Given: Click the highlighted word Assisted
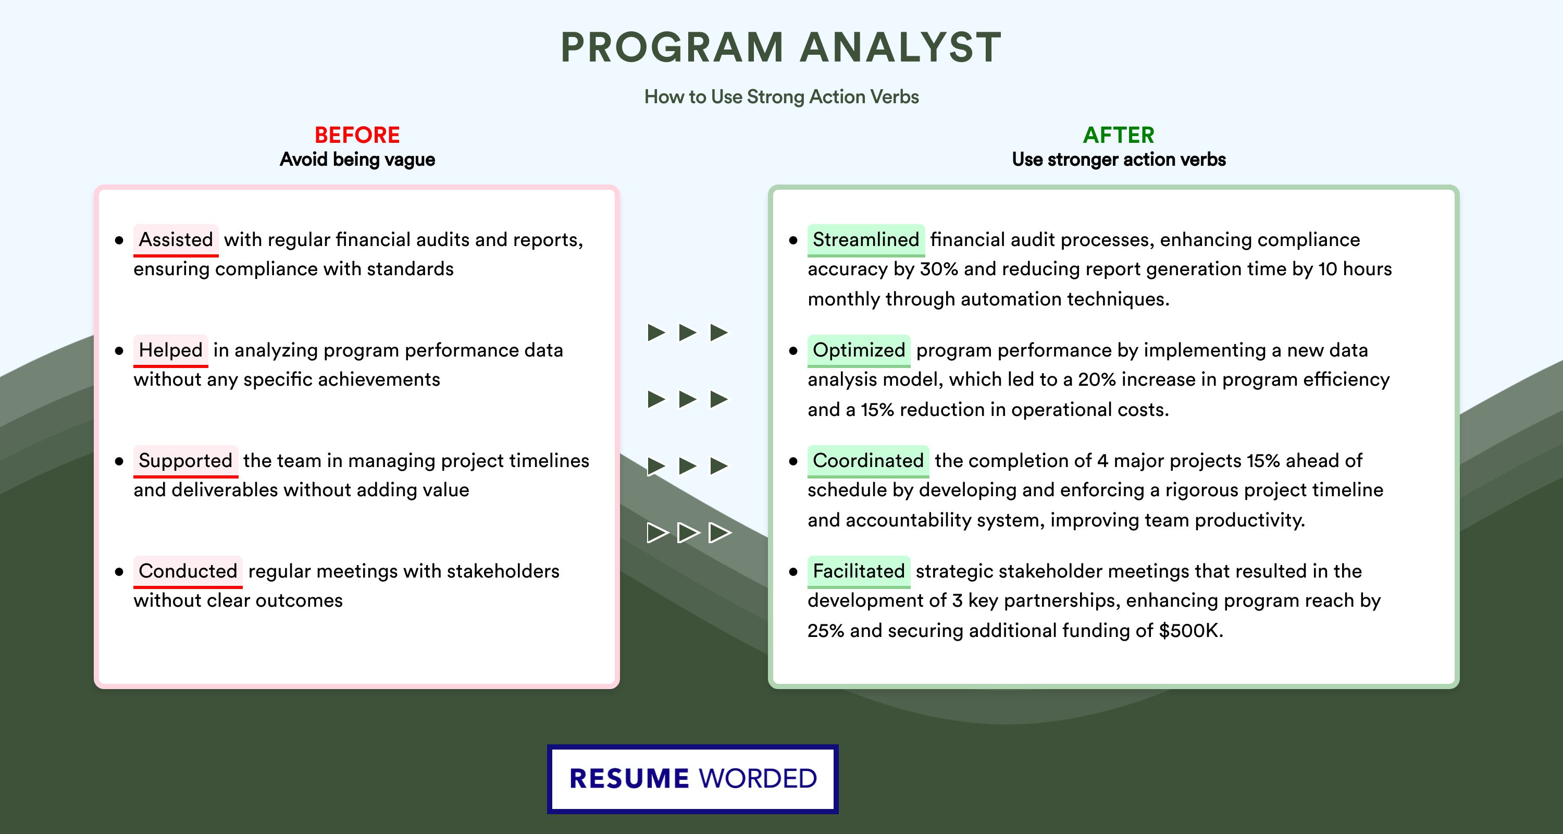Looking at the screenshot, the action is pyautogui.click(x=176, y=240).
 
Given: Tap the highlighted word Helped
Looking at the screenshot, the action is pyautogui.click(x=170, y=350).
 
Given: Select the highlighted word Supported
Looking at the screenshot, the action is pyautogui.click(x=185, y=461).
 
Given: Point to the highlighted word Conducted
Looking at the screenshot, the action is pyautogui.click(x=188, y=571).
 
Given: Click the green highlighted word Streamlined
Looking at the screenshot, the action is pyautogui.click(x=866, y=240).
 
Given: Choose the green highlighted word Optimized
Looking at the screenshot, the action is pyautogui.click(x=859, y=350).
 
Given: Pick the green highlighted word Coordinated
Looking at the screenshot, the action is pyautogui.click(x=867, y=461).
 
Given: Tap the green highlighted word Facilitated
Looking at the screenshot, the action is pyautogui.click(x=859, y=571).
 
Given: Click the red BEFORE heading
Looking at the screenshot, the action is pyautogui.click(x=357, y=135).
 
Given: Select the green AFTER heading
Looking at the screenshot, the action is pyautogui.click(x=1119, y=135).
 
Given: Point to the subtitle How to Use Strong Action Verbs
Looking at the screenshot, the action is pyautogui.click(x=781, y=96).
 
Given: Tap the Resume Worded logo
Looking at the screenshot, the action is pyautogui.click(x=693, y=779).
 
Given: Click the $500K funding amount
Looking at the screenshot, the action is pyautogui.click(x=1190, y=631).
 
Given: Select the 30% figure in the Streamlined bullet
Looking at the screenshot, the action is pyautogui.click(x=939, y=269).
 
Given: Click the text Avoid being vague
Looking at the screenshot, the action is pyautogui.click(x=357, y=160).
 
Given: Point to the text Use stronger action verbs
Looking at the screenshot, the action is pyautogui.click(x=1119, y=160).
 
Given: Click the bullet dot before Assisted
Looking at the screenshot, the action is pyautogui.click(x=119, y=241).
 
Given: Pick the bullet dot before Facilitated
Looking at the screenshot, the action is pyautogui.click(x=793, y=572).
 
